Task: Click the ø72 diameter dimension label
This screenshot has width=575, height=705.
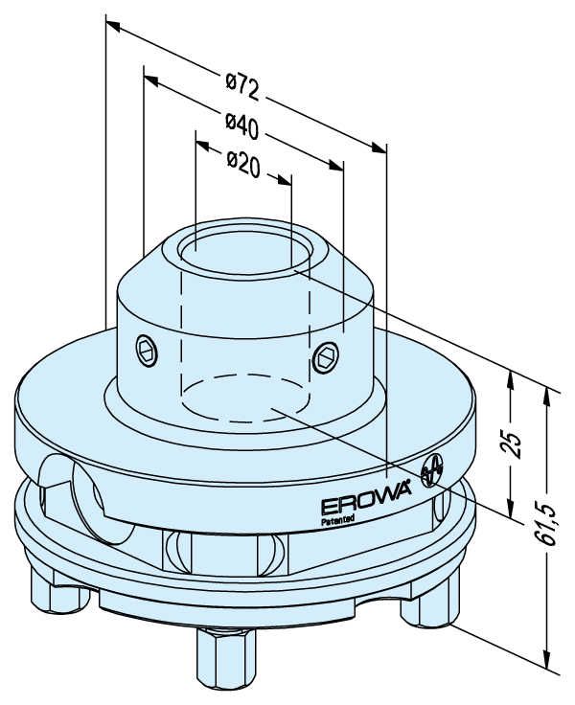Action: click(x=243, y=87)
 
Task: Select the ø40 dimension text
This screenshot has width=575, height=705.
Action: click(x=243, y=125)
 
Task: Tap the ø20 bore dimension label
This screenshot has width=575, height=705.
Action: click(x=243, y=164)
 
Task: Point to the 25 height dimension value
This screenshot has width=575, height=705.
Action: click(x=513, y=445)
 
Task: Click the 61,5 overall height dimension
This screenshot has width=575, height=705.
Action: click(x=550, y=522)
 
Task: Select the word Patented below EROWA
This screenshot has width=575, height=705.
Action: click(x=338, y=520)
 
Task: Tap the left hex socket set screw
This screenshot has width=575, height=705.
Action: click(x=148, y=350)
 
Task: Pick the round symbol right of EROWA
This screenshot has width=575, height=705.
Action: click(x=432, y=469)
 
